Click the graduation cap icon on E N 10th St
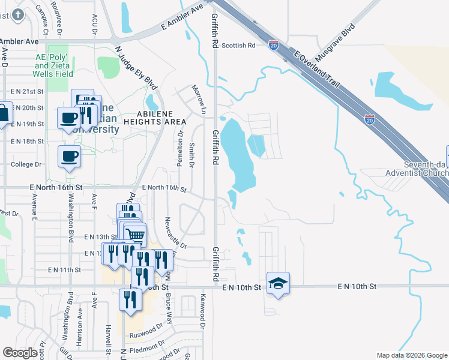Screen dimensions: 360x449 click(x=279, y=283)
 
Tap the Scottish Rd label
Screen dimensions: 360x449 click(x=238, y=45)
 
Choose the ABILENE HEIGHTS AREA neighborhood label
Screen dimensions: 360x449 click(x=155, y=117)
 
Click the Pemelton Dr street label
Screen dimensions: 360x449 click(x=179, y=154)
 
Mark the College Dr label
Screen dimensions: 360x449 click(x=26, y=164)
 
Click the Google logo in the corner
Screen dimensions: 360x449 click(x=20, y=353)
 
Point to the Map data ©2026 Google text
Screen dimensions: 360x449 click(x=411, y=355)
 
